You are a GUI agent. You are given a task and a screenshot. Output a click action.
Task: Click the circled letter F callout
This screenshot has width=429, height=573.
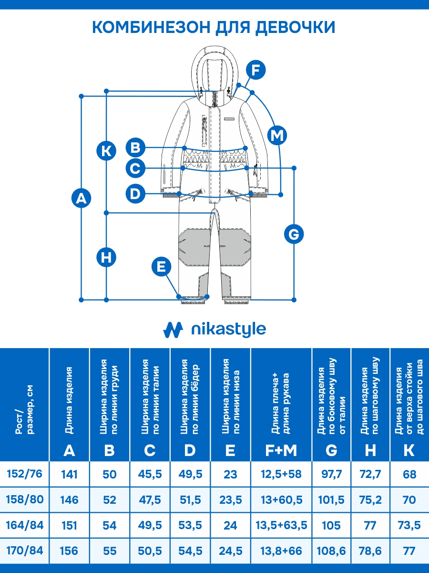click(256, 70)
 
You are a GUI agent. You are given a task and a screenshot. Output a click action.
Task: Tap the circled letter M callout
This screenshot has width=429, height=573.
click(277, 136)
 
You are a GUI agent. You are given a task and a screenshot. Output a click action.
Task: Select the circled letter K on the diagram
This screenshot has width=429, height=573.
click(106, 151)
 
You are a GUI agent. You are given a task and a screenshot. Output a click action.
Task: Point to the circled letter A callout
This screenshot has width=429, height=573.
click(81, 198)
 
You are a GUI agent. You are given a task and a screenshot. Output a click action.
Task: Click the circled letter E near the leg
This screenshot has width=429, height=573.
click(162, 267)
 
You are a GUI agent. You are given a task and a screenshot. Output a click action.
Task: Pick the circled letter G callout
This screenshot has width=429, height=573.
click(294, 234)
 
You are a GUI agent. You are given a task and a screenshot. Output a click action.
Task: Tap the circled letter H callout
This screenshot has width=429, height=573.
click(106, 257)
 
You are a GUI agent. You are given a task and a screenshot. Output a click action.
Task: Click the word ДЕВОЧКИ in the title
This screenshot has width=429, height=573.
click(295, 27)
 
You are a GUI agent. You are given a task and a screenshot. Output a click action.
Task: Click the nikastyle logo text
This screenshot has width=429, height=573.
click(229, 329)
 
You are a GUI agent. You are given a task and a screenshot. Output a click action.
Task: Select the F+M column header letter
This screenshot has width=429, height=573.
click(281, 450)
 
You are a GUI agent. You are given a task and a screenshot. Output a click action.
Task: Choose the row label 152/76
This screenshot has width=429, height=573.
click(24, 474)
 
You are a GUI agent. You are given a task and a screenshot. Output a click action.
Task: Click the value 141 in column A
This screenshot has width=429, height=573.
click(69, 474)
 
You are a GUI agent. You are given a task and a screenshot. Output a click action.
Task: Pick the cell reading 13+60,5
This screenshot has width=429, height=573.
click(282, 500)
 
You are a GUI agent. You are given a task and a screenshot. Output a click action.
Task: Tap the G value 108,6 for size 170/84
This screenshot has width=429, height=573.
click(331, 551)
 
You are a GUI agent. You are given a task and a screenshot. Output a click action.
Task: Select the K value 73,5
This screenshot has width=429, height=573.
click(409, 525)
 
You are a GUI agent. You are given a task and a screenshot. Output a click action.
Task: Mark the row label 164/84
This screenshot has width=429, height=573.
click(25, 525)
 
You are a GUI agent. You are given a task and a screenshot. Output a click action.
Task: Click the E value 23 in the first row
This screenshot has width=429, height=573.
click(230, 474)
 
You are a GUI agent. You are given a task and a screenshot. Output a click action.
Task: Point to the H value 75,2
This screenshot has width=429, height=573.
click(370, 500)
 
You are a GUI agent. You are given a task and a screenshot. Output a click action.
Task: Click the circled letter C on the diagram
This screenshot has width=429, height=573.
click(135, 168)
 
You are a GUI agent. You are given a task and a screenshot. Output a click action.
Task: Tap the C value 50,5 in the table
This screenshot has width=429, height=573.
click(150, 551)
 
